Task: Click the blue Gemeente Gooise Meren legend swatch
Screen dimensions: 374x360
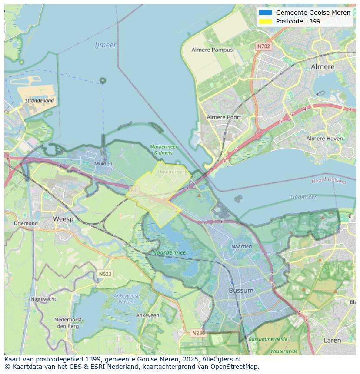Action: (x=265, y=13)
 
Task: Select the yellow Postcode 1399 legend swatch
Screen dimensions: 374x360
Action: (x=265, y=21)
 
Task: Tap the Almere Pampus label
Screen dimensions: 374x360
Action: (x=212, y=50)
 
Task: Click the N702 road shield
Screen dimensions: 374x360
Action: (x=263, y=46)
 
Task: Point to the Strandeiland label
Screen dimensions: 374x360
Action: (x=40, y=100)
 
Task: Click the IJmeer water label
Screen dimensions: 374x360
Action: (x=105, y=45)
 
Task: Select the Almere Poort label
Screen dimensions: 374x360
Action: (x=224, y=117)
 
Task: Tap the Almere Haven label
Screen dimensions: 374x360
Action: (x=324, y=139)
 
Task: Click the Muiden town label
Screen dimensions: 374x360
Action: (x=103, y=164)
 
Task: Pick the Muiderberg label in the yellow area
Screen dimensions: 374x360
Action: (x=173, y=172)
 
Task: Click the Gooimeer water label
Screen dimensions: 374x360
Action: (x=303, y=197)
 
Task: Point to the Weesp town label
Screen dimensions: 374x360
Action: (x=63, y=219)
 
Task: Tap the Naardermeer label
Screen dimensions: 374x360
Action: (x=170, y=252)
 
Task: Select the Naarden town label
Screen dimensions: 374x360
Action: (x=241, y=246)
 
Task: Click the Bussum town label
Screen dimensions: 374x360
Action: (x=241, y=290)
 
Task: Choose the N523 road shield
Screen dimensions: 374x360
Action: (x=105, y=274)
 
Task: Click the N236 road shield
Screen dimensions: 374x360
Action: (x=198, y=333)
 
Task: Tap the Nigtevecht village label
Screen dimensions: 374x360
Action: (x=43, y=299)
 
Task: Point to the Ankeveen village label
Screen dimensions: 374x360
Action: (x=147, y=315)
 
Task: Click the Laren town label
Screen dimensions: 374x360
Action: (x=332, y=340)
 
